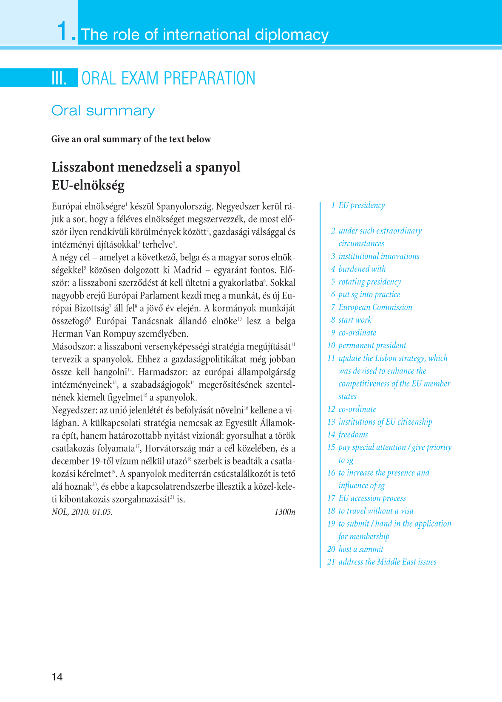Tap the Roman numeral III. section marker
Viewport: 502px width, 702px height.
click(x=59, y=78)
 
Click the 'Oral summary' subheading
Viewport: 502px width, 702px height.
click(x=103, y=110)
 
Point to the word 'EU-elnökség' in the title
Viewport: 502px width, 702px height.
click(x=88, y=185)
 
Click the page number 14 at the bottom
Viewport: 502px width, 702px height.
click(x=57, y=677)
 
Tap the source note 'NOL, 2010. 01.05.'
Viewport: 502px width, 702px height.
click(x=82, y=512)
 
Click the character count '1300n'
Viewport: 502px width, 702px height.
click(x=284, y=512)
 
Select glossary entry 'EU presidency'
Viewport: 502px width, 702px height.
click(x=361, y=206)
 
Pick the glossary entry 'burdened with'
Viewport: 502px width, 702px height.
click(x=362, y=269)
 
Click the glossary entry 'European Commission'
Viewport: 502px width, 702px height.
click(x=375, y=307)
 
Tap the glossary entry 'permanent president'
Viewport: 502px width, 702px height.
click(x=372, y=345)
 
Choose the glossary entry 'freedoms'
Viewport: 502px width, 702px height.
click(x=353, y=434)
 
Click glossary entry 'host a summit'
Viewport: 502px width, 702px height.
click(x=360, y=549)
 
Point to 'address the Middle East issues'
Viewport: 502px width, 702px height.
click(x=387, y=562)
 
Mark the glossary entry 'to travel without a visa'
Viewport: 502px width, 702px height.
click(x=376, y=511)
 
